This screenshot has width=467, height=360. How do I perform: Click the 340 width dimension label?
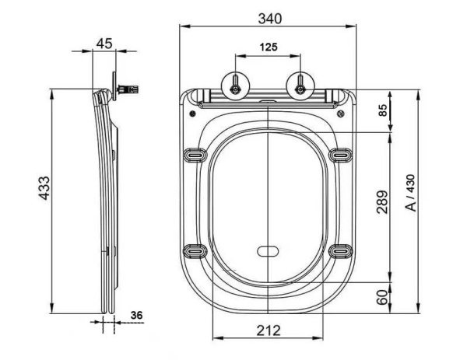pyautogui.click(x=269, y=19)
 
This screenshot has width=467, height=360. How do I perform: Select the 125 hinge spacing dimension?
pyautogui.click(x=269, y=47)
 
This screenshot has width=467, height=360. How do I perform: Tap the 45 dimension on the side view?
pyautogui.click(x=104, y=44)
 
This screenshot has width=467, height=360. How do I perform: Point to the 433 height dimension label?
pyautogui.click(x=44, y=188)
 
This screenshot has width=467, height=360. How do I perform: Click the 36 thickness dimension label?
pyautogui.click(x=136, y=315)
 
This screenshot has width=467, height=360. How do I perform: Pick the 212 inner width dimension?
pyautogui.click(x=269, y=330)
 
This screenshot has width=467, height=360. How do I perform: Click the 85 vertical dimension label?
pyautogui.click(x=383, y=110)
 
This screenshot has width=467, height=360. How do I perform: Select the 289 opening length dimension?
pyautogui.click(x=382, y=202)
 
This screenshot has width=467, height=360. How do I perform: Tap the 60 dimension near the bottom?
pyautogui.click(x=382, y=297)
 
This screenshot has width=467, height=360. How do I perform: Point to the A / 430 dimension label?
pyautogui.click(x=411, y=193)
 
